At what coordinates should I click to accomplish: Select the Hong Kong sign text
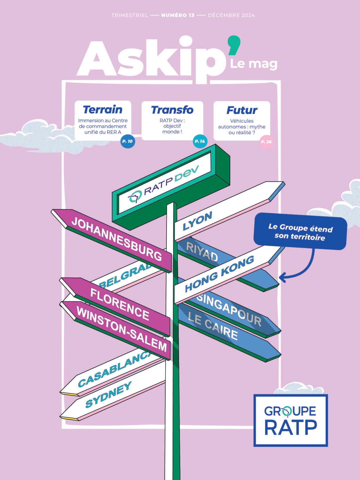click(219, 274)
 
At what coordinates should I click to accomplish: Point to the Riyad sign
click(202, 251)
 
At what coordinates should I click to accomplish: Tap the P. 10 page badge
click(128, 142)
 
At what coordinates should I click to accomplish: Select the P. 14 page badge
click(200, 142)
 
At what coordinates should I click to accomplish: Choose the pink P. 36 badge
click(266, 142)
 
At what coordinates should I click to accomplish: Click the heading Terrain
click(103, 110)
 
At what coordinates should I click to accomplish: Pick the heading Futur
click(242, 110)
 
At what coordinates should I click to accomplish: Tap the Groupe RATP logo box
click(291, 420)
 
